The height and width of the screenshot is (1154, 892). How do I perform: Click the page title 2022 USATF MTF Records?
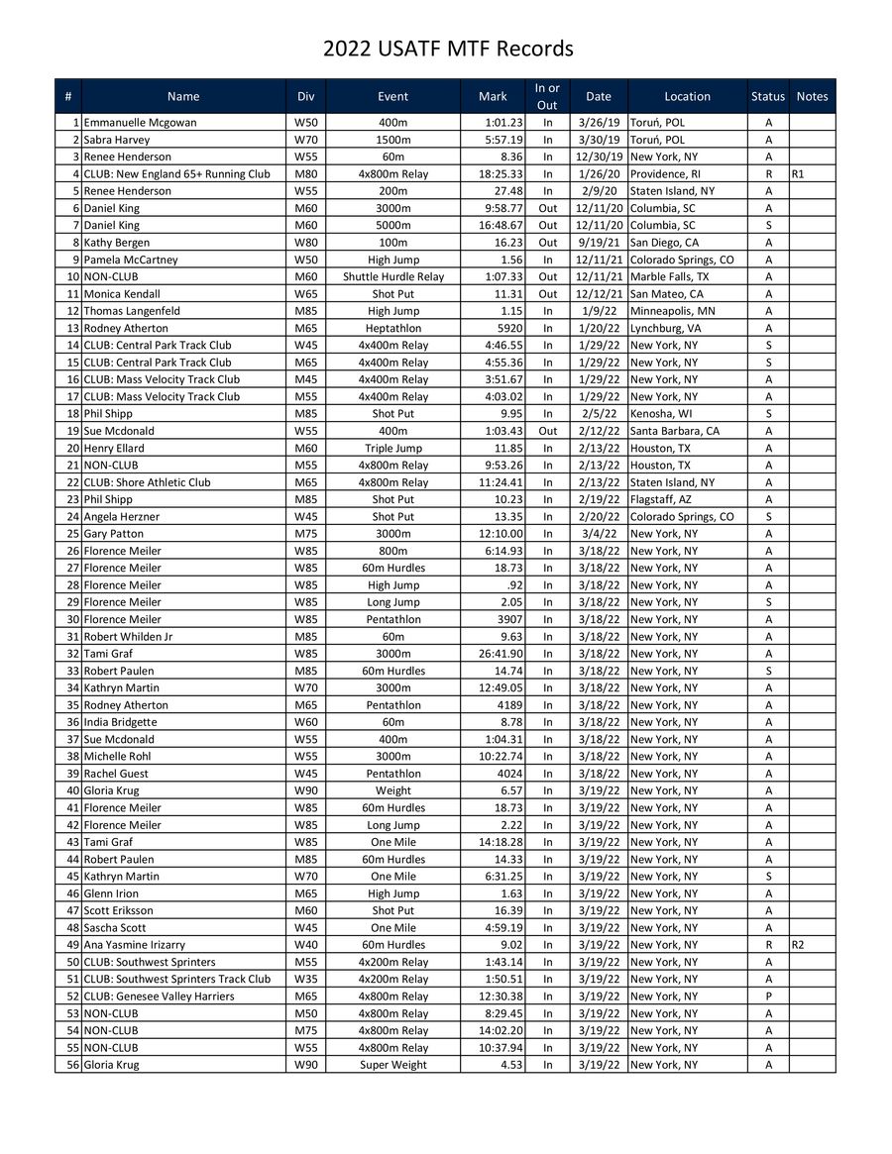tap(448, 49)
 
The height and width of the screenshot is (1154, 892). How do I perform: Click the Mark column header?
tap(493, 96)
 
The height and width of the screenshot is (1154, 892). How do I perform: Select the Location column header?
tap(687, 96)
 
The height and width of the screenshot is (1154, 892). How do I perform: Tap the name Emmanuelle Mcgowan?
tap(140, 123)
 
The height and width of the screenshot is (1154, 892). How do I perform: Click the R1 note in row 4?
tap(798, 174)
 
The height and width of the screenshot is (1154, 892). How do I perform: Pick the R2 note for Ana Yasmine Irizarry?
tap(798, 945)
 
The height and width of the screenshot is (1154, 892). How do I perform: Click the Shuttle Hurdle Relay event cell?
tap(392, 276)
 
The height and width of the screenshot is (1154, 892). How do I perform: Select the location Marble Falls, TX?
tap(670, 276)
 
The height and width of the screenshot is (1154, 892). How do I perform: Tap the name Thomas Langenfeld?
tap(132, 311)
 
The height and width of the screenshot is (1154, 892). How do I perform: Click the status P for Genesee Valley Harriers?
tap(768, 997)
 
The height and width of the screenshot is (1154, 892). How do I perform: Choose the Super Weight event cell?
tap(392, 1065)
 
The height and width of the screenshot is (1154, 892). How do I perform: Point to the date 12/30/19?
tap(599, 157)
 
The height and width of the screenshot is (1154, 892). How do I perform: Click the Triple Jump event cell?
tap(392, 448)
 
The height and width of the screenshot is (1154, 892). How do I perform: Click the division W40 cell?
tap(305, 945)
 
